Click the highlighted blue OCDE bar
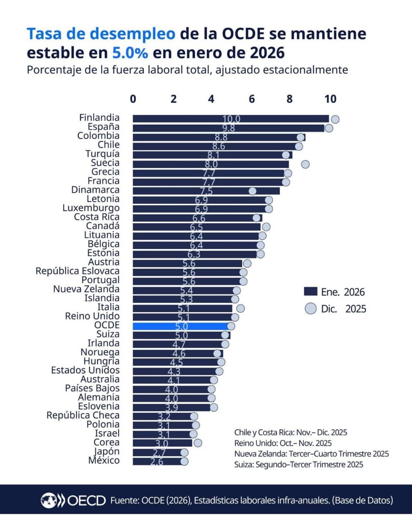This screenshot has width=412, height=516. [181, 326]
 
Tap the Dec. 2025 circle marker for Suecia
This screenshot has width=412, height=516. [305, 164]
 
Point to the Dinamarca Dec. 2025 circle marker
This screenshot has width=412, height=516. [252, 191]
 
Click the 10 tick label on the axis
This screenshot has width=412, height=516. [330, 99]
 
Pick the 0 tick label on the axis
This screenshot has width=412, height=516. [133, 99]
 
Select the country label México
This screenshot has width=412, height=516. [104, 460]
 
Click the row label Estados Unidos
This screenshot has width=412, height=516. [85, 370]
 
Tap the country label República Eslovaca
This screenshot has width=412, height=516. [78, 271]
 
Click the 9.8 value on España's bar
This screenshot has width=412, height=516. [229, 128]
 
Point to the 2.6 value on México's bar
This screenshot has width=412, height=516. [157, 462]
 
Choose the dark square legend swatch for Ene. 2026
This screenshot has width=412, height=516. [311, 292]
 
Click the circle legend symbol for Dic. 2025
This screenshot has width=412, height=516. [311, 309]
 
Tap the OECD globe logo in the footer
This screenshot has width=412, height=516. [50, 500]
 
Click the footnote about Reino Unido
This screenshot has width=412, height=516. [283, 443]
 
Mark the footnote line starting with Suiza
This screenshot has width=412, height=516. [299, 464]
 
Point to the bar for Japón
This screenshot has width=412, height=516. [159, 452]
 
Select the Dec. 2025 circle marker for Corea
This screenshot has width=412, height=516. [198, 443]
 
